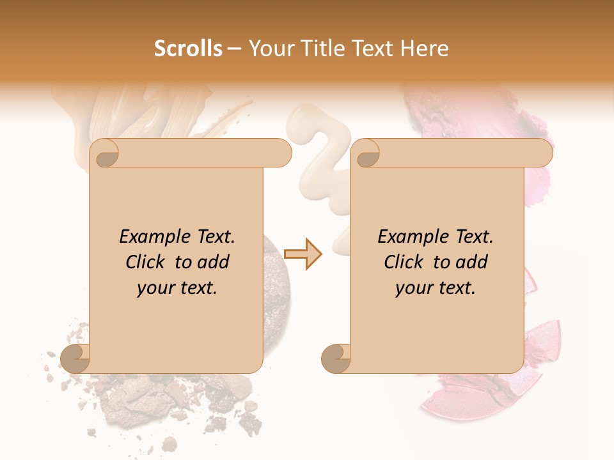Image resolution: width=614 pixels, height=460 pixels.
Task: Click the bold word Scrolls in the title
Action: (188, 49)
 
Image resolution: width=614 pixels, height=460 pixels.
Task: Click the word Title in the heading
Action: (322, 49)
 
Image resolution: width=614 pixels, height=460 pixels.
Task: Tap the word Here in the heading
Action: (424, 49)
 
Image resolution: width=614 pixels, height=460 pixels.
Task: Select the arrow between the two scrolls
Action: (303, 254)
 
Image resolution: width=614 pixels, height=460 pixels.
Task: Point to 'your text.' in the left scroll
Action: (177, 288)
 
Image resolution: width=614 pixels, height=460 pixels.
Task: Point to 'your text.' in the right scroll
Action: (435, 288)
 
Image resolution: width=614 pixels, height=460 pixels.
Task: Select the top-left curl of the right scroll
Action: (366, 154)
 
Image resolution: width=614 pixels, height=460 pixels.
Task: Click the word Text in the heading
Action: (374, 49)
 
